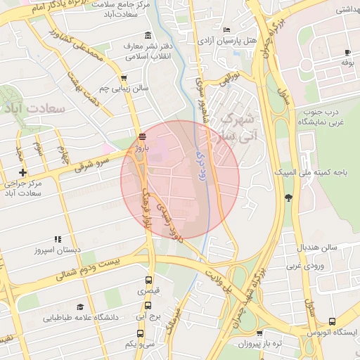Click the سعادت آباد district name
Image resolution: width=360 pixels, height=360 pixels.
[34, 109]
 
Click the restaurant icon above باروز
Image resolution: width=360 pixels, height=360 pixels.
[143, 136]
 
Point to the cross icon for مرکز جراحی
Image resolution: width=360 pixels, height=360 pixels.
[23, 172]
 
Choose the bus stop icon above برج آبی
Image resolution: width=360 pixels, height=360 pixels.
[148, 305]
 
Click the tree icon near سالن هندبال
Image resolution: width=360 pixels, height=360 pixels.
[288, 198]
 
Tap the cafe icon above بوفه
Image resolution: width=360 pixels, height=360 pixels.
[347, 53]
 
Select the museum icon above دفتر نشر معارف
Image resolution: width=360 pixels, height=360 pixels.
[147, 36]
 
